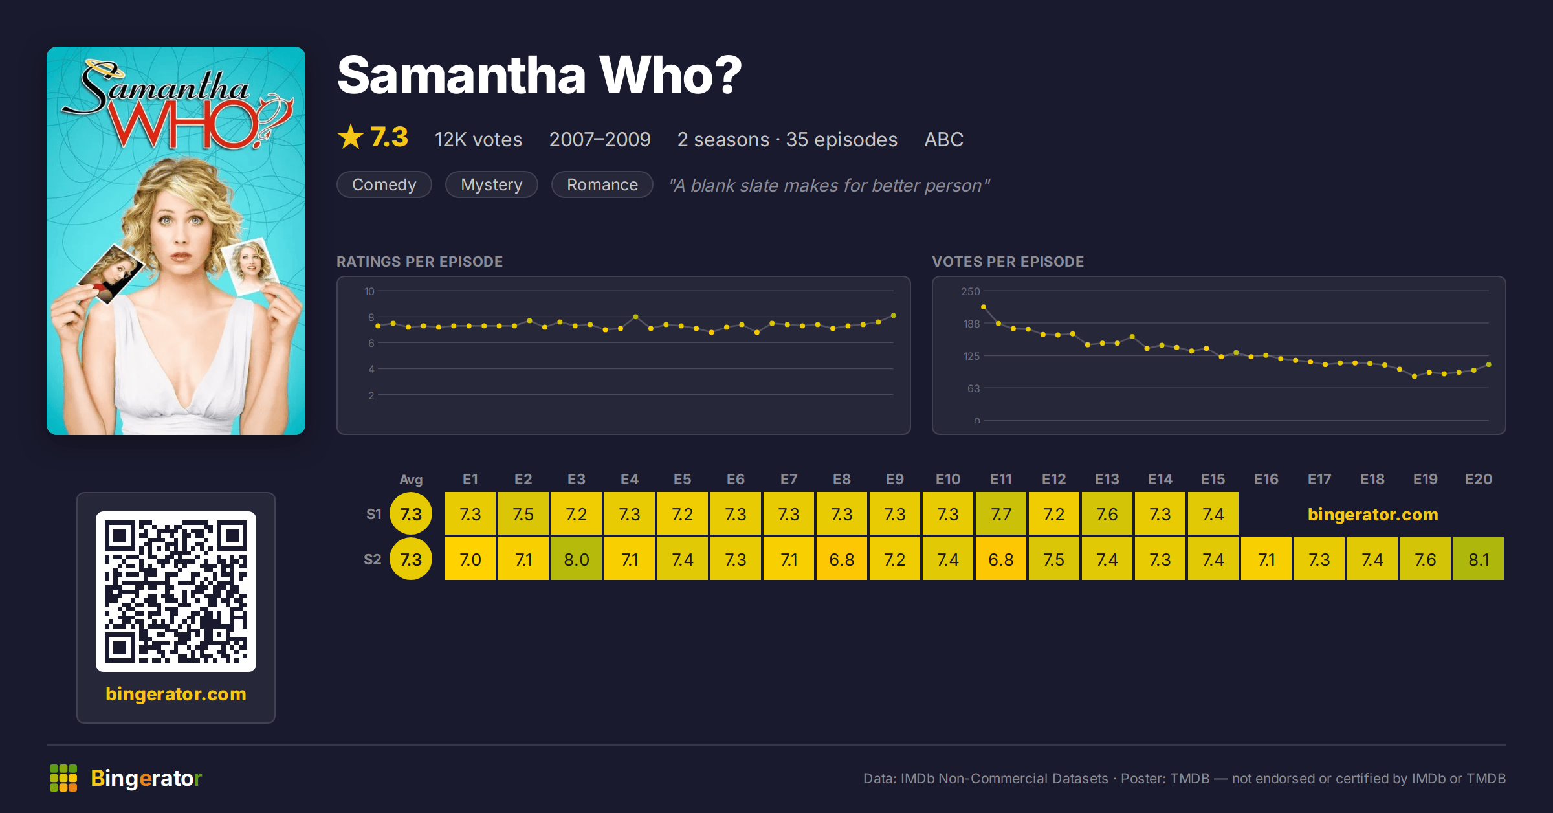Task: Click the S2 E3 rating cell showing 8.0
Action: (x=576, y=559)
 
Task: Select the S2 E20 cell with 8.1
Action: (x=1478, y=559)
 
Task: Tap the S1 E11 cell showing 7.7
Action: (x=1000, y=513)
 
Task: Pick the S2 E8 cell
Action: (x=841, y=559)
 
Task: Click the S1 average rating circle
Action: (x=411, y=513)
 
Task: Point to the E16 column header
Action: (x=1266, y=479)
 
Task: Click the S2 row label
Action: (x=373, y=559)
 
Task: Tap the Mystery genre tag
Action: (x=492, y=184)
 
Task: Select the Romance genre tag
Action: (x=602, y=184)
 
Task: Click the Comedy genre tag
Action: (x=384, y=184)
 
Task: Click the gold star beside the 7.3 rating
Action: (x=351, y=137)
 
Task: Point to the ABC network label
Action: (x=943, y=139)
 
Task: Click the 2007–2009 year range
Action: (x=600, y=139)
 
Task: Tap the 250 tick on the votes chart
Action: (x=971, y=291)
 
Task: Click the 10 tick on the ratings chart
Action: (x=369, y=291)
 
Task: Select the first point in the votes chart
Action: (x=984, y=307)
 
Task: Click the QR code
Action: (x=176, y=592)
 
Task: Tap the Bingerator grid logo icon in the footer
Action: (x=63, y=778)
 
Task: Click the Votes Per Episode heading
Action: (x=1008, y=262)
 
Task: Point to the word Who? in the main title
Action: (x=670, y=75)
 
